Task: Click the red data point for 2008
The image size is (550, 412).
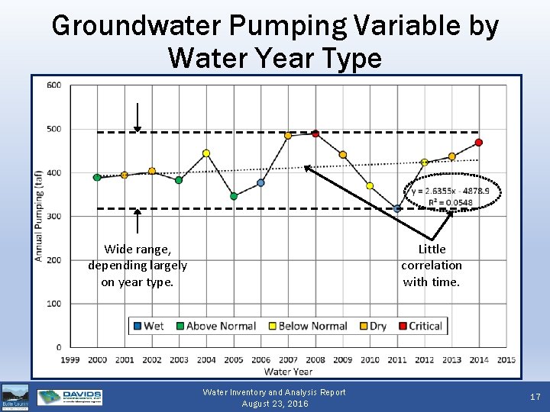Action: tap(315, 134)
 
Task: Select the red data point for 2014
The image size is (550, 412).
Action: tap(479, 142)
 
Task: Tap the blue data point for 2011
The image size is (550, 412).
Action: tap(397, 208)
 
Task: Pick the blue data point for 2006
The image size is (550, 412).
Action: tap(260, 183)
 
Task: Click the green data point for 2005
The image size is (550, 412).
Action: tap(234, 196)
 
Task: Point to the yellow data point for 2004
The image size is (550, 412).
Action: tap(206, 153)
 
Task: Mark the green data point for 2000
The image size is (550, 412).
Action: tap(97, 177)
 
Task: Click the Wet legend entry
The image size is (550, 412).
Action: tap(148, 326)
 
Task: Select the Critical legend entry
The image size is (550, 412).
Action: tap(419, 326)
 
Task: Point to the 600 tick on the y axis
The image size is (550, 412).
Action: tap(53, 85)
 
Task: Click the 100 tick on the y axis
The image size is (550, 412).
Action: tap(53, 304)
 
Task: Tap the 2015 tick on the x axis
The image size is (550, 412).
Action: tap(506, 359)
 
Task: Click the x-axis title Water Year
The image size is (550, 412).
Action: tap(288, 372)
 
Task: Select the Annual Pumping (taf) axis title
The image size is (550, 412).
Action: tap(38, 215)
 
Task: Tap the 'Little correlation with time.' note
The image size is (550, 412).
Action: tap(432, 265)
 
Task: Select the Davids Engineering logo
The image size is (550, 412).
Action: tap(70, 397)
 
